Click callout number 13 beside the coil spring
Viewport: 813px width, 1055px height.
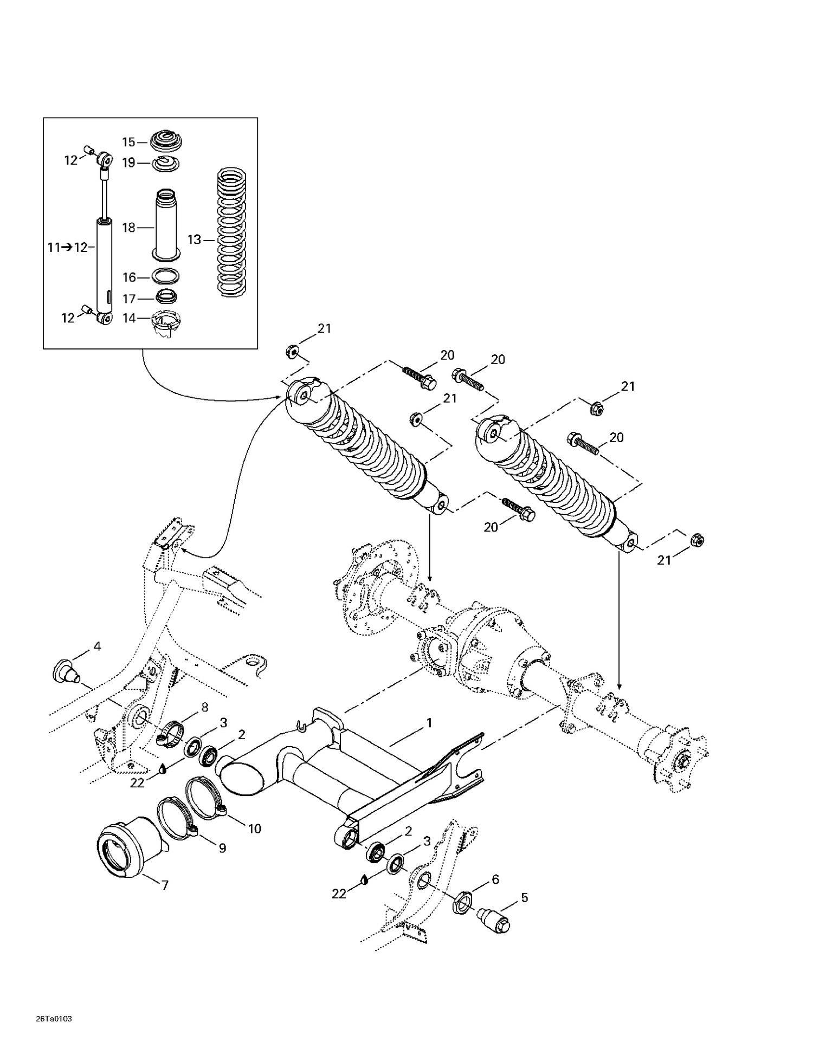point(194,239)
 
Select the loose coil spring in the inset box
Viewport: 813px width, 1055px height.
point(231,233)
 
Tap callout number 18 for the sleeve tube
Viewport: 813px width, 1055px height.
point(128,228)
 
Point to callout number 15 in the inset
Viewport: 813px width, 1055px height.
point(128,142)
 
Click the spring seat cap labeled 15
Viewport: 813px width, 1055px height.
point(166,142)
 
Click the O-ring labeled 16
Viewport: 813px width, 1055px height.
point(166,276)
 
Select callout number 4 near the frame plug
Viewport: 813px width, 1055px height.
point(97,646)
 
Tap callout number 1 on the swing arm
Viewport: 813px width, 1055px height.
point(429,722)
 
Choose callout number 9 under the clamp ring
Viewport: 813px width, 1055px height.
point(222,848)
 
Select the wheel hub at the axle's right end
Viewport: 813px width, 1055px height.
point(677,759)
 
